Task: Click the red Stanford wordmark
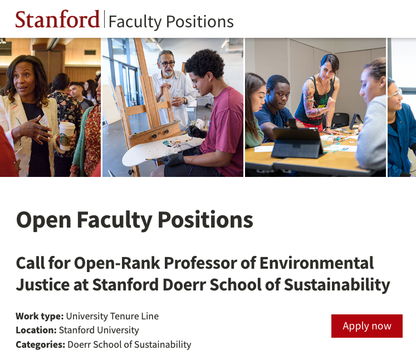(x=57, y=20)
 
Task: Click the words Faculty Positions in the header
(x=171, y=22)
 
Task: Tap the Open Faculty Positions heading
(x=134, y=220)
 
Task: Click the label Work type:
(x=40, y=316)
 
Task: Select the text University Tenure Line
(x=112, y=316)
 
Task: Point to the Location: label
(x=36, y=331)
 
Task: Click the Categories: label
(x=40, y=344)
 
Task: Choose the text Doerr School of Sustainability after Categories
(x=129, y=344)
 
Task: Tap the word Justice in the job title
(x=44, y=284)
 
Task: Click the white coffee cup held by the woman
(x=67, y=135)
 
